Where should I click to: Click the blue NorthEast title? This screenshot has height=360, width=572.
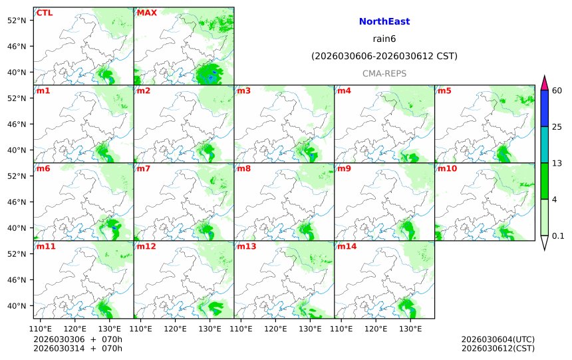384,22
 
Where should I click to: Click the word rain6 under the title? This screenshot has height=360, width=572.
384,39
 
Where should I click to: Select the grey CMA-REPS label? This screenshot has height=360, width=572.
384,74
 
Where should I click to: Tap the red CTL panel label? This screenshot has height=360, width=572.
45,13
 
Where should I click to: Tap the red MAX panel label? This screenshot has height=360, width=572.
146,13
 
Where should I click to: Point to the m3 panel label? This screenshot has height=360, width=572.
243,90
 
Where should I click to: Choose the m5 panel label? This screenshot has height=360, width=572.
444,90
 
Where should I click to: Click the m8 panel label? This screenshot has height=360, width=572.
243,168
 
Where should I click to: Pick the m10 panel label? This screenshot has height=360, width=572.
447,168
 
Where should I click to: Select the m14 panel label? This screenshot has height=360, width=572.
347,246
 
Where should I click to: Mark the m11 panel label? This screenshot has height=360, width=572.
47,246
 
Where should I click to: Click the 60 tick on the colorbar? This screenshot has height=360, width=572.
557,90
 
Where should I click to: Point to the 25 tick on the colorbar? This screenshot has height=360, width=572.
557,127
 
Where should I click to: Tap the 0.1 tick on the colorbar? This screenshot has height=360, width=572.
558,236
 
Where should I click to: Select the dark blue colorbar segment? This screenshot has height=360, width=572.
544,108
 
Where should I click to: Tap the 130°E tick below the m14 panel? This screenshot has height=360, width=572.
410,329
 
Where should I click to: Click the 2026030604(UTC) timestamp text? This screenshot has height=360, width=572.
498,339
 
